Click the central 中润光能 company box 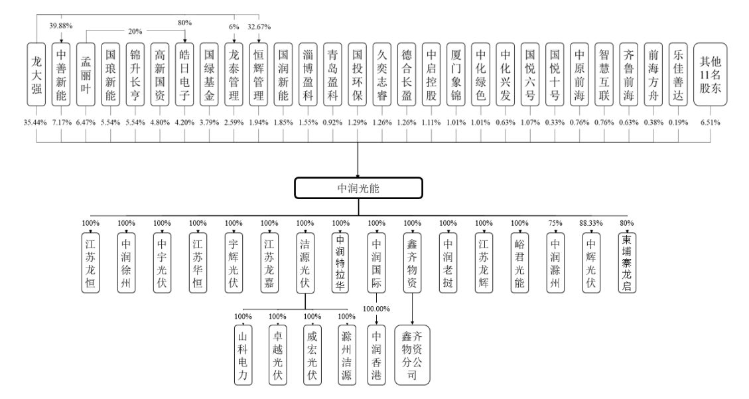pyautogui.click(x=358, y=188)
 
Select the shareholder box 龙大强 pyautogui.click(x=36, y=74)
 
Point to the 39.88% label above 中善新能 pyautogui.click(x=61, y=26)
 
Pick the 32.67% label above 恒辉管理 pyautogui.click(x=259, y=26)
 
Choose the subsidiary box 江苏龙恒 pyautogui.click(x=90, y=261)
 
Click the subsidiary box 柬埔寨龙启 pyautogui.click(x=627, y=261)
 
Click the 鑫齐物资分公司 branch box pyautogui.click(x=412, y=355)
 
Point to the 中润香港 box pyautogui.click(x=377, y=355)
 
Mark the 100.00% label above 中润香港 pyautogui.click(x=377, y=309)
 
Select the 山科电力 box pyautogui.click(x=242, y=355)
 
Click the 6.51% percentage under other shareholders pyautogui.click(x=711, y=122)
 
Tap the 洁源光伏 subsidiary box pyautogui.click(x=305, y=261)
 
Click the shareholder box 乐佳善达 pyautogui.click(x=677, y=74)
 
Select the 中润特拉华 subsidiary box pyautogui.click(x=341, y=261)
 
